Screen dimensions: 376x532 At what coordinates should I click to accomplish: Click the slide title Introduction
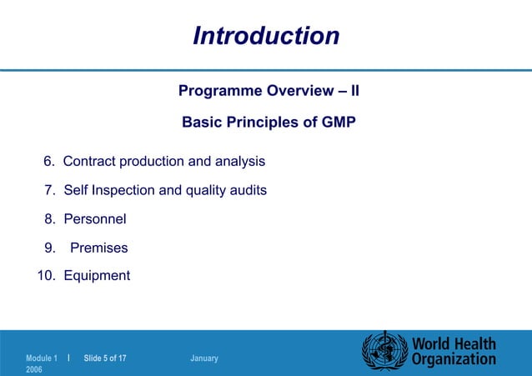[266, 36]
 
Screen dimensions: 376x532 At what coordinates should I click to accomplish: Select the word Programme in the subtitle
[219, 90]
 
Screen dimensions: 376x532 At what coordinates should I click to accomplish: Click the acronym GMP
[338, 123]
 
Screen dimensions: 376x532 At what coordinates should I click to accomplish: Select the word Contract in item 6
[90, 160]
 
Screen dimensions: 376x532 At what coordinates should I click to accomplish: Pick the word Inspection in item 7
[123, 190]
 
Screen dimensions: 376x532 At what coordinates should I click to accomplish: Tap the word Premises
[99, 248]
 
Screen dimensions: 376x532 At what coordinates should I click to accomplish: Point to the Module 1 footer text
[42, 358]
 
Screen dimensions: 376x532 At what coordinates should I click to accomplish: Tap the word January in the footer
[204, 358]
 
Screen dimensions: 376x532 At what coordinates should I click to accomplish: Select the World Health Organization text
[454, 351]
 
